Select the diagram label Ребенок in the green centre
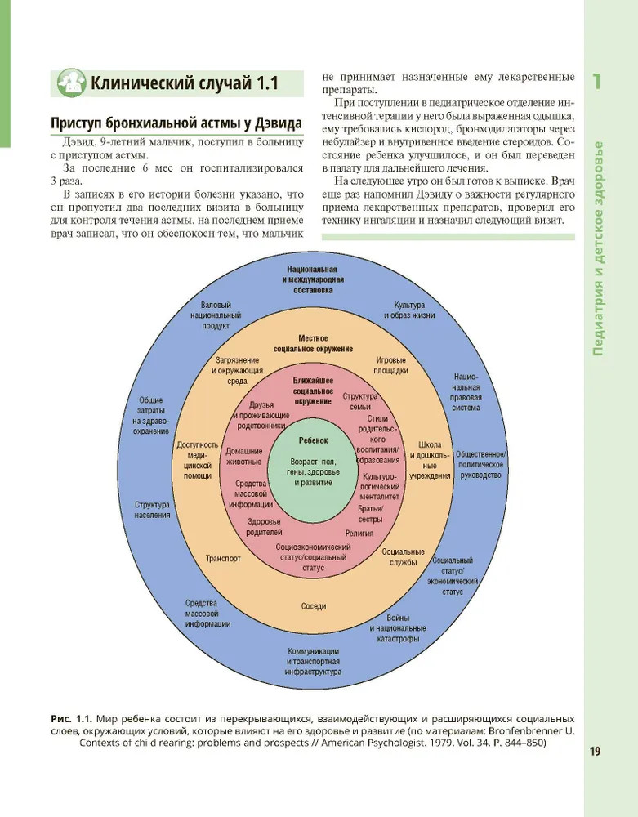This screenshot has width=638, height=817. [x=313, y=440]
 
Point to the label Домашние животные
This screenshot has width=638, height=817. [x=243, y=456]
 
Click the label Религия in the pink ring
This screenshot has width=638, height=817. [x=359, y=532]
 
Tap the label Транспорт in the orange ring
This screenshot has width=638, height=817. [x=223, y=560]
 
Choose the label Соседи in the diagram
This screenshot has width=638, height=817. [x=313, y=606]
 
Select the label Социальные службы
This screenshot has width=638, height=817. [x=404, y=557]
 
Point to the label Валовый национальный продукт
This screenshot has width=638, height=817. [x=216, y=315]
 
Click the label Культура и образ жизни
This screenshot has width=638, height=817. [x=409, y=310]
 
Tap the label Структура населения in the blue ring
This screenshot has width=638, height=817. [x=154, y=510]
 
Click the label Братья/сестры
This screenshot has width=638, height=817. [x=370, y=513]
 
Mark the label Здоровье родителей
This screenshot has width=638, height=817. [x=264, y=526]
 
